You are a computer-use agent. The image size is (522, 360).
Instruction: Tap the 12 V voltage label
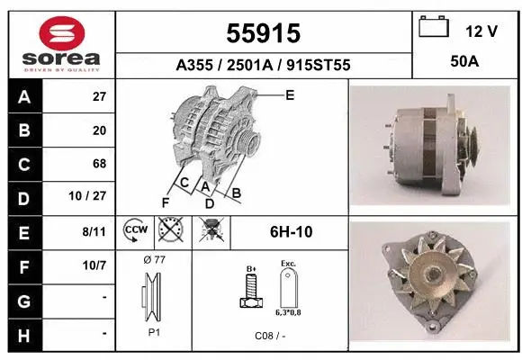pyautogui.click(x=481, y=31)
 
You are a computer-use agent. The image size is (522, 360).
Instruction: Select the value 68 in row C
pyautogui.click(x=99, y=164)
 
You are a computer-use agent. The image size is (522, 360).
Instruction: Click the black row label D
pyautogui.click(x=22, y=198)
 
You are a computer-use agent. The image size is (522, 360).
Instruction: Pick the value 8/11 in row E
pyautogui.click(x=94, y=231)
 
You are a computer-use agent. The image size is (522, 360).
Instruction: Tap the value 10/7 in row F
pyautogui.click(x=94, y=265)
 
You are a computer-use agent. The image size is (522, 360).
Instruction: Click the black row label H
pyautogui.click(x=22, y=334)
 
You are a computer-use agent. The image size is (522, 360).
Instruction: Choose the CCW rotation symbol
pyautogui.click(x=134, y=231)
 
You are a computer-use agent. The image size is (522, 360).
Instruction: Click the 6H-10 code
pyautogui.click(x=291, y=232)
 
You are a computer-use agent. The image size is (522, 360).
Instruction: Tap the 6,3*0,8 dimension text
pyautogui.click(x=289, y=312)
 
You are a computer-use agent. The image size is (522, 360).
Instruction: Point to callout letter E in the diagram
pyautogui.click(x=289, y=94)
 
